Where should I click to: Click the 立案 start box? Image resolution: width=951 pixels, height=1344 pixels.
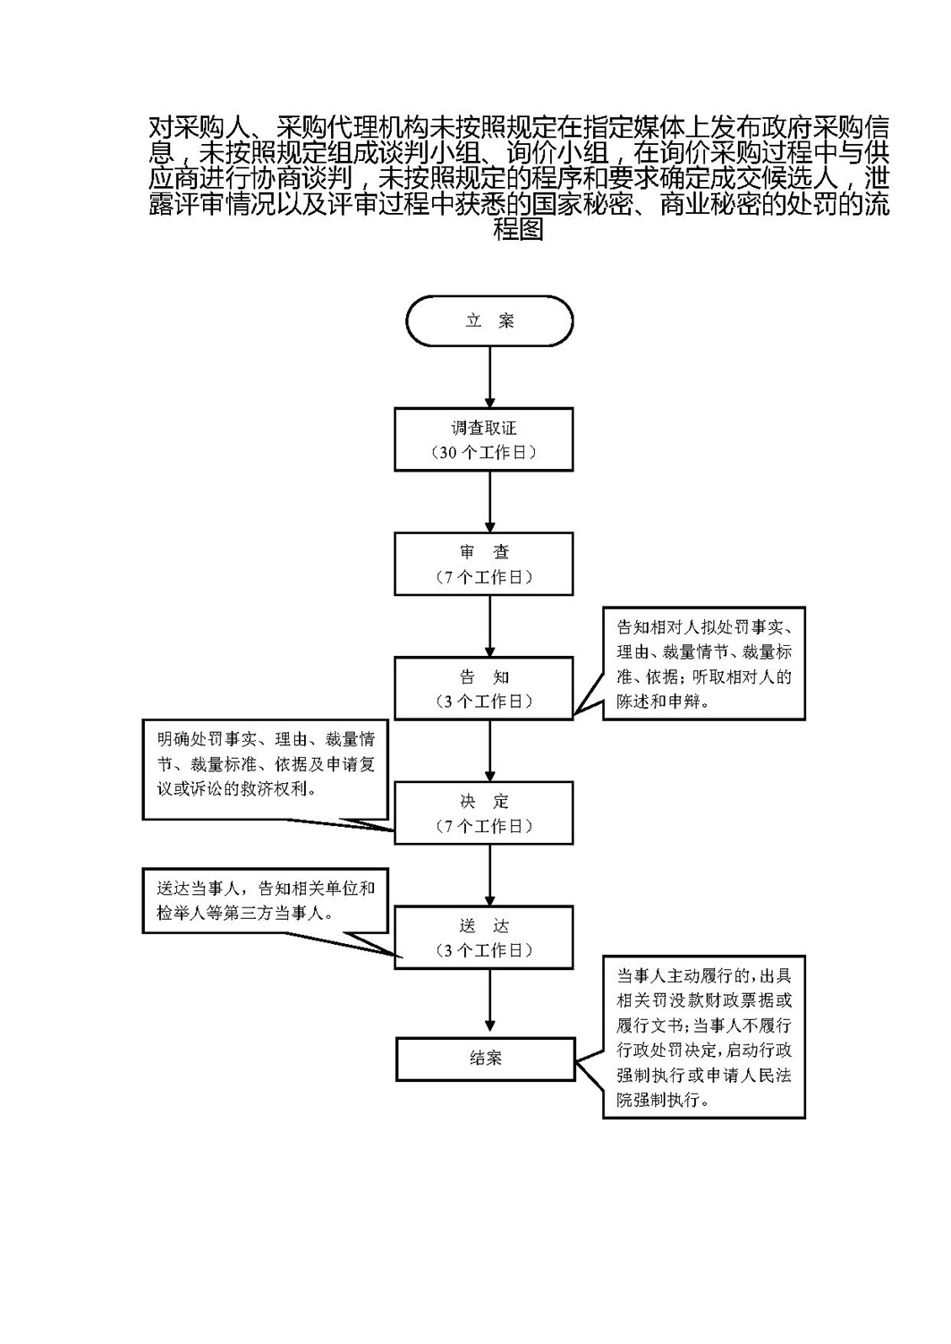489,320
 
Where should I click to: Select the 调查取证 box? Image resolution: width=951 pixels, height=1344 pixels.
484,439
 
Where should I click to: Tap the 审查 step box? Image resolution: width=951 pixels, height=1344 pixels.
484,564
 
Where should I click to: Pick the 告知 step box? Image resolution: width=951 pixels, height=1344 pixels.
484,688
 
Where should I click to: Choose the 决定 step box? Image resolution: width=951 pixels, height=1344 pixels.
484,812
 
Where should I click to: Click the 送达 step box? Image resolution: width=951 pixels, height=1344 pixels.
484,937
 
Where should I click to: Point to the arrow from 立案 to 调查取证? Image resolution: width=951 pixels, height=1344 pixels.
489,377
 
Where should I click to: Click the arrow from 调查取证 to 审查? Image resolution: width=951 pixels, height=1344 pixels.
489,501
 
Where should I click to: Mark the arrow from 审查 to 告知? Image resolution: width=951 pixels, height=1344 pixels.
489,625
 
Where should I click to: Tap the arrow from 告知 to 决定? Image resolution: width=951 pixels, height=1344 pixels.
489,750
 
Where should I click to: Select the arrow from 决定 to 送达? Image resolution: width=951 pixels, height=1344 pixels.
489,874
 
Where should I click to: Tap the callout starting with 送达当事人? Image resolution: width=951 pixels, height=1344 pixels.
266,901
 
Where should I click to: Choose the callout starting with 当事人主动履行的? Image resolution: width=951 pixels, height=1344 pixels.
705,1036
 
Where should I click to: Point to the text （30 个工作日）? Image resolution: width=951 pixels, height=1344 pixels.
484,453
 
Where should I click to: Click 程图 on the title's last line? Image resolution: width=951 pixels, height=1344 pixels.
519,230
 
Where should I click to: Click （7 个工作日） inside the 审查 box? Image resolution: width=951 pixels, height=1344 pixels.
484,577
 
